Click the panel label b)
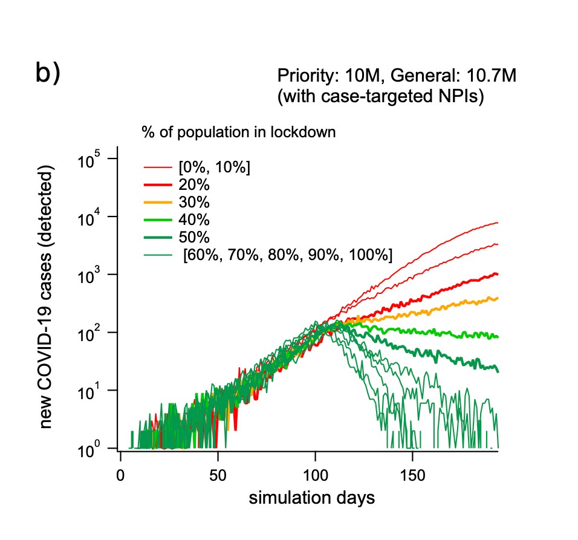point(48,73)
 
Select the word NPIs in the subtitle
point(463,97)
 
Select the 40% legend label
point(192,220)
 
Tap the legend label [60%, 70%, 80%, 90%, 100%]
point(287,255)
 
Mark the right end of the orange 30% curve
point(497,298)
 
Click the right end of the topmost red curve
point(497,223)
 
